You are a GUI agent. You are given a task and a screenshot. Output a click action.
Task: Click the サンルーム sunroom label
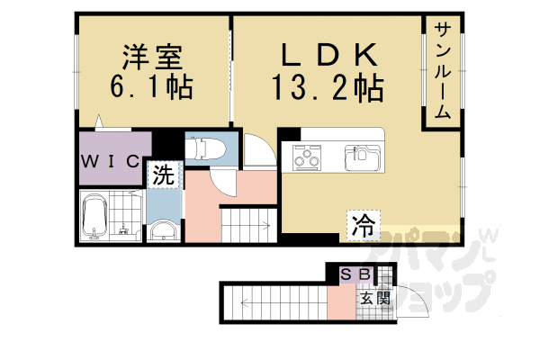(x=443, y=73)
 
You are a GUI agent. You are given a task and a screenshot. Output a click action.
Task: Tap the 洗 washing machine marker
(x=163, y=175)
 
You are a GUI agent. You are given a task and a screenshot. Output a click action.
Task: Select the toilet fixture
(x=202, y=148)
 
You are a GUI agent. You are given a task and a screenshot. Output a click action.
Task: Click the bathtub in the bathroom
(x=95, y=219)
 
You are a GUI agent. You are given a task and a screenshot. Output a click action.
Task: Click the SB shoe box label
(x=354, y=275)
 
